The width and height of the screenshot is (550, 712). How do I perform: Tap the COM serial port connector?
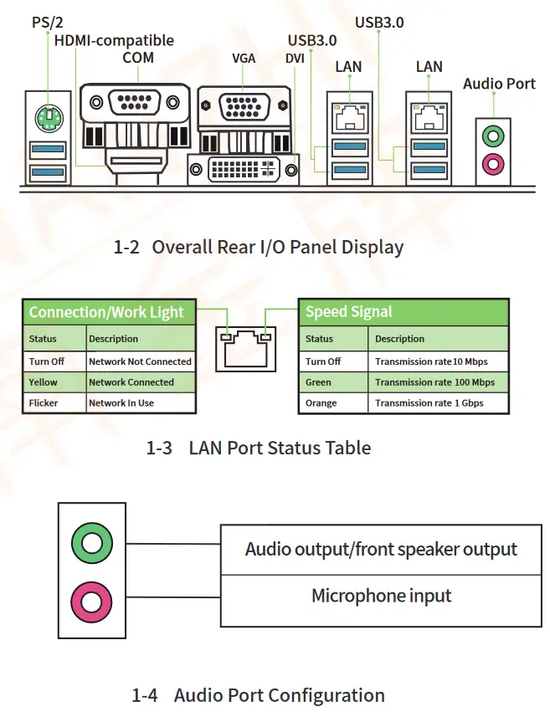tap(135, 103)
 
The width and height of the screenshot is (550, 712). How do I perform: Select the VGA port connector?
tap(244, 108)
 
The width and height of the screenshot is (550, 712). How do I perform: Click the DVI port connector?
tap(244, 168)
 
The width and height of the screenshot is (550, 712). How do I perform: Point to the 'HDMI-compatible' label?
tap(114, 40)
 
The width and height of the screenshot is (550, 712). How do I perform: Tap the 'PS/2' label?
tap(48, 22)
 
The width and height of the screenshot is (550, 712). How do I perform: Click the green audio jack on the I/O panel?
tap(493, 134)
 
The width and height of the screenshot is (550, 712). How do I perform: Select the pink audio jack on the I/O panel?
tap(493, 161)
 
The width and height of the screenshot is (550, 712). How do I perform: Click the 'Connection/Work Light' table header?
tap(107, 312)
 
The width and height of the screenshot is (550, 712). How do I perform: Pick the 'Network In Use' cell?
tap(141, 402)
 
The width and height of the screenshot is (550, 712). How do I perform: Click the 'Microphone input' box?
tap(381, 597)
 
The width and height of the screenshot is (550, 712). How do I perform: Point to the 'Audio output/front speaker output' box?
tap(381, 550)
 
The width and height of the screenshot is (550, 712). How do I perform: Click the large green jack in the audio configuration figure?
tap(91, 544)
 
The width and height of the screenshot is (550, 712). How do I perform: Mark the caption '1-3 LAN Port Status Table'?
tap(258, 448)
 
